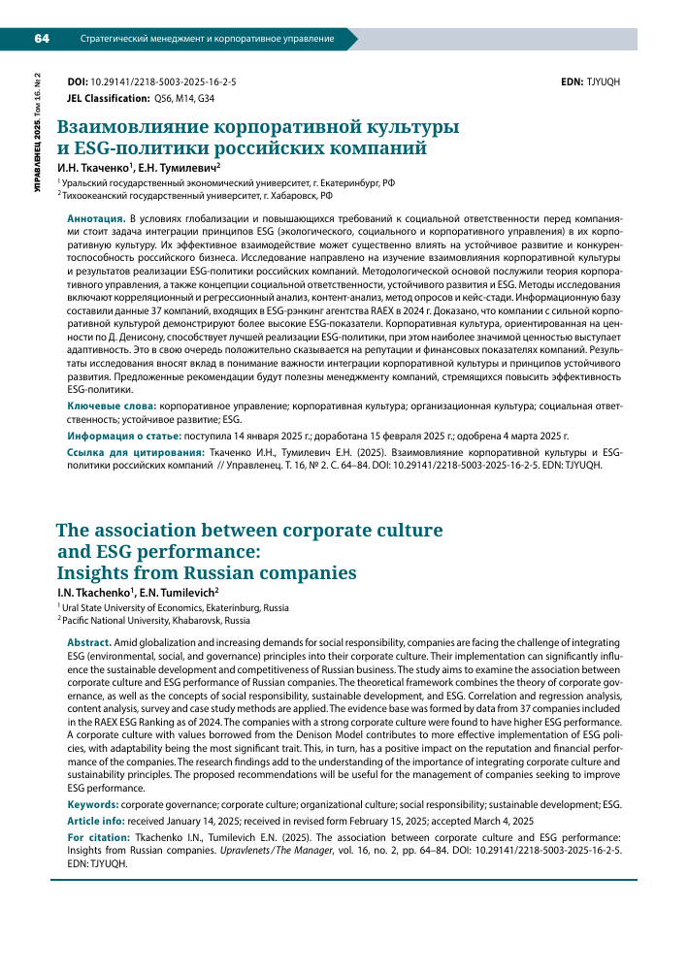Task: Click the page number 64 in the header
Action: point(42,39)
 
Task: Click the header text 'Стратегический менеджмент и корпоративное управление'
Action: point(207,40)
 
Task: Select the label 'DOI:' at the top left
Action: point(76,82)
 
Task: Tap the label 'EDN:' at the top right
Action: point(573,82)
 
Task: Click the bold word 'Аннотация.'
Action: point(94,221)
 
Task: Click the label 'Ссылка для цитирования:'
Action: point(135,453)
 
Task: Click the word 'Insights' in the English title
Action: point(100,572)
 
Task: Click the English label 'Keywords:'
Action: point(93,805)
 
